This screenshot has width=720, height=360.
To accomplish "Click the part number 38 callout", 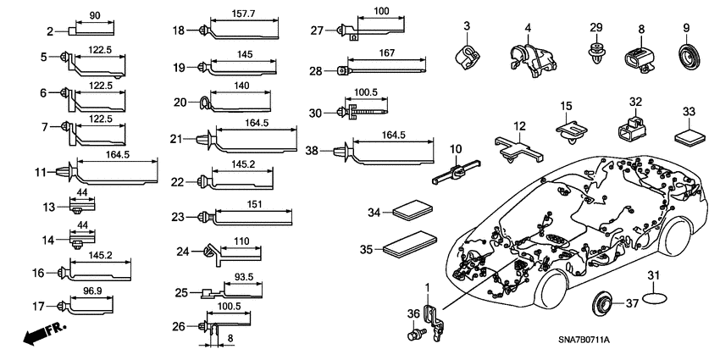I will click(x=312, y=150).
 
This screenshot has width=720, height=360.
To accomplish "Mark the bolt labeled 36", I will click(x=414, y=336).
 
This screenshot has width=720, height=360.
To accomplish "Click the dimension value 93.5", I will click(x=243, y=276).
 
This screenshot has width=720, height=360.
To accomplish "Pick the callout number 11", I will click(x=40, y=173).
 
